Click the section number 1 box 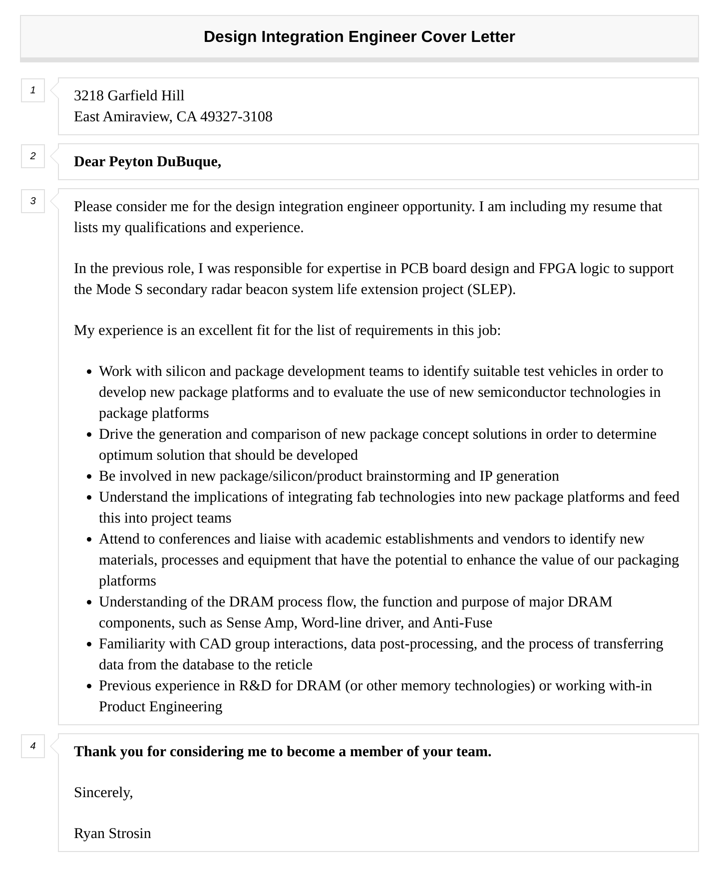tap(33, 90)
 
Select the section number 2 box tap(33, 156)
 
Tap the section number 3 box tap(33, 201)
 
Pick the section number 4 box tap(33, 746)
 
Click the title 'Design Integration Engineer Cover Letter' tap(359, 37)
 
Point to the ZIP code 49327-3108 tap(236, 117)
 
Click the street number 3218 tap(89, 96)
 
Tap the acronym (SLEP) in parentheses tap(491, 290)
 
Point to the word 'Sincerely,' tap(103, 793)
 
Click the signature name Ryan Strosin tap(112, 834)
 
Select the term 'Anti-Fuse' tap(462, 623)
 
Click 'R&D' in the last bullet tap(255, 686)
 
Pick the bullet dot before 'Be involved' tap(89, 477)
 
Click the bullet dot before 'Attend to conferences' tap(89, 540)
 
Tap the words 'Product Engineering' tap(160, 707)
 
